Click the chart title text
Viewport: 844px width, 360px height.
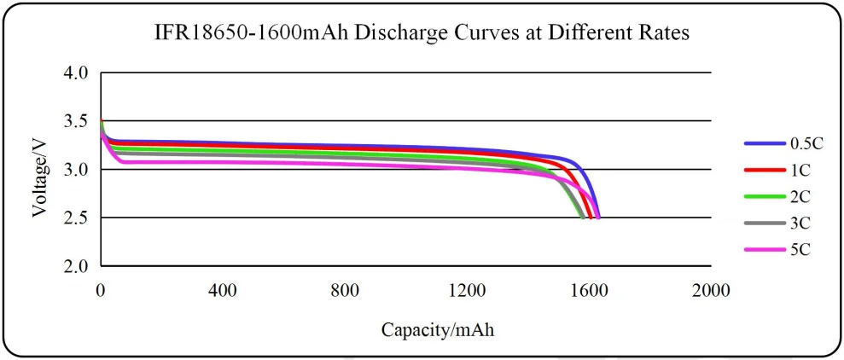tap(421, 34)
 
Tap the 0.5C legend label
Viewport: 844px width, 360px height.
tap(806, 143)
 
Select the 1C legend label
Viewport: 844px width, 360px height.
tap(800, 170)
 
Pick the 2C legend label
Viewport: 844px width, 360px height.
tap(800, 195)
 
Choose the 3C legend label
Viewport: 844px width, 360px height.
tap(800, 222)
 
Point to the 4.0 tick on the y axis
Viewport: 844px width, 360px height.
tap(77, 73)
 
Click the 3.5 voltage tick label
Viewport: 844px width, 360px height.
tap(77, 121)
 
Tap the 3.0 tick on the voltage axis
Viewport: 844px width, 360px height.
tap(77, 170)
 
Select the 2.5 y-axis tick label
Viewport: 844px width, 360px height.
tap(77, 218)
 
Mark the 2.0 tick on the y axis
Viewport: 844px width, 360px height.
tap(77, 266)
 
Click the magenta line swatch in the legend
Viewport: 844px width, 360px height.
tap(762, 248)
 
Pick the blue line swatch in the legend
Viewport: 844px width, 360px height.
tap(762, 143)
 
